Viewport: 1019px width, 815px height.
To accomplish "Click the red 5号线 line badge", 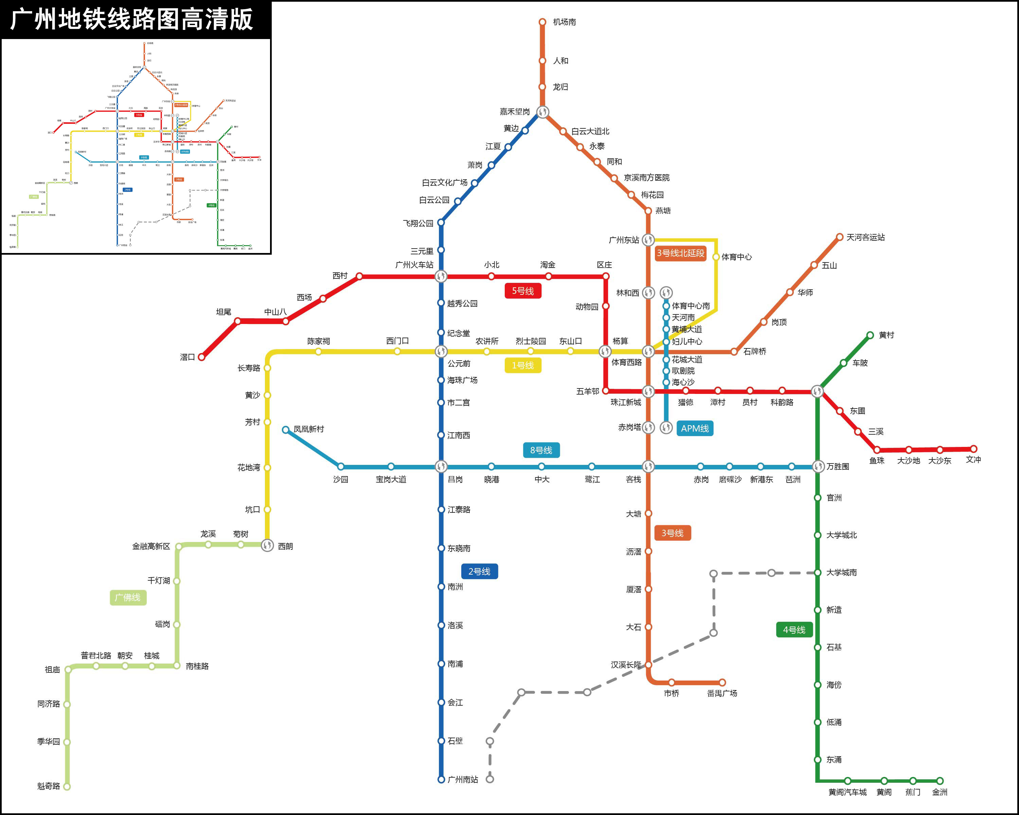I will [x=523, y=291].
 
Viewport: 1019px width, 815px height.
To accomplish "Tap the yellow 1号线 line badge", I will [x=523, y=365].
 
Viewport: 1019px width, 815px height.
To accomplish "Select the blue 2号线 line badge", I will [x=479, y=571].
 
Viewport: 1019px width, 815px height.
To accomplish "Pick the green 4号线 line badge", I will [x=794, y=630].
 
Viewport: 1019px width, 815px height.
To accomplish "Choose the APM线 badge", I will [x=694, y=429].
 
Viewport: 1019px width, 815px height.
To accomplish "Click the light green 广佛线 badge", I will [x=128, y=598].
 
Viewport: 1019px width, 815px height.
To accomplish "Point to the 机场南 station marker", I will [x=542, y=22].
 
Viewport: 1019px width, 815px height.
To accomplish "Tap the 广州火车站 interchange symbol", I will [x=441, y=276].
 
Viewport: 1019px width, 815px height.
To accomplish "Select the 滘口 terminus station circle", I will [x=202, y=357].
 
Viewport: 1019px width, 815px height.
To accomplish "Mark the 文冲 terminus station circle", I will [x=973, y=449].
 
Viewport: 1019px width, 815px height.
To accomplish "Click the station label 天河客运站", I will [x=865, y=237].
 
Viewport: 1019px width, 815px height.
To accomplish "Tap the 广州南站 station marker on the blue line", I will [x=441, y=780].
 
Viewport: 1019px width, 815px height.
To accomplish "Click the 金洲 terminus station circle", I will [x=940, y=781].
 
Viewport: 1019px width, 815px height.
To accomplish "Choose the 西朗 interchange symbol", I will [x=268, y=545].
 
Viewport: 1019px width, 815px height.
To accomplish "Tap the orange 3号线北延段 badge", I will [x=681, y=253].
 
